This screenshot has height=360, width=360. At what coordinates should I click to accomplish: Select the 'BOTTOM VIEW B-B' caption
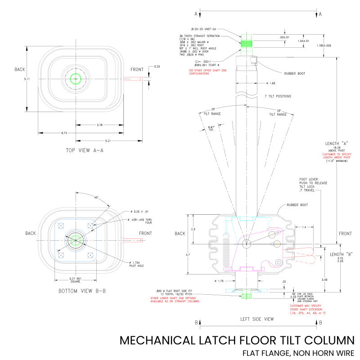pos(82,291)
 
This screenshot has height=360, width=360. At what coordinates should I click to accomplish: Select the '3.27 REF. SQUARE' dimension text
pos(75,280)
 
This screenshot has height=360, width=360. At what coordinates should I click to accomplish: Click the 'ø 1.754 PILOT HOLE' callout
pos(137,264)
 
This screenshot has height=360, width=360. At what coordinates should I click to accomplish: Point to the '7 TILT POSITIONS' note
pos(278,96)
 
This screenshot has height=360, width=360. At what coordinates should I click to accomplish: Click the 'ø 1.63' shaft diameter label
pos(270,83)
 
